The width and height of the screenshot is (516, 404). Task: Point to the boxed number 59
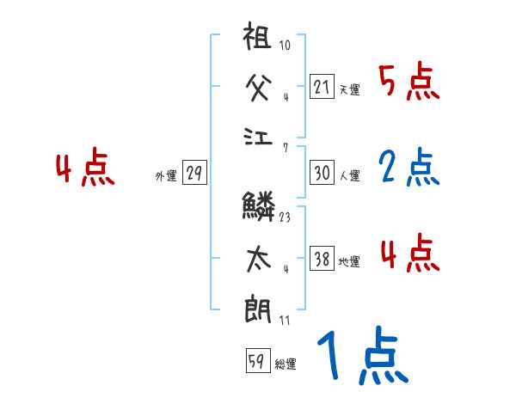point(256,361)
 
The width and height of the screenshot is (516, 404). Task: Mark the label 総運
point(286,364)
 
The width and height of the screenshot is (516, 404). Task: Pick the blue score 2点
point(408,168)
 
